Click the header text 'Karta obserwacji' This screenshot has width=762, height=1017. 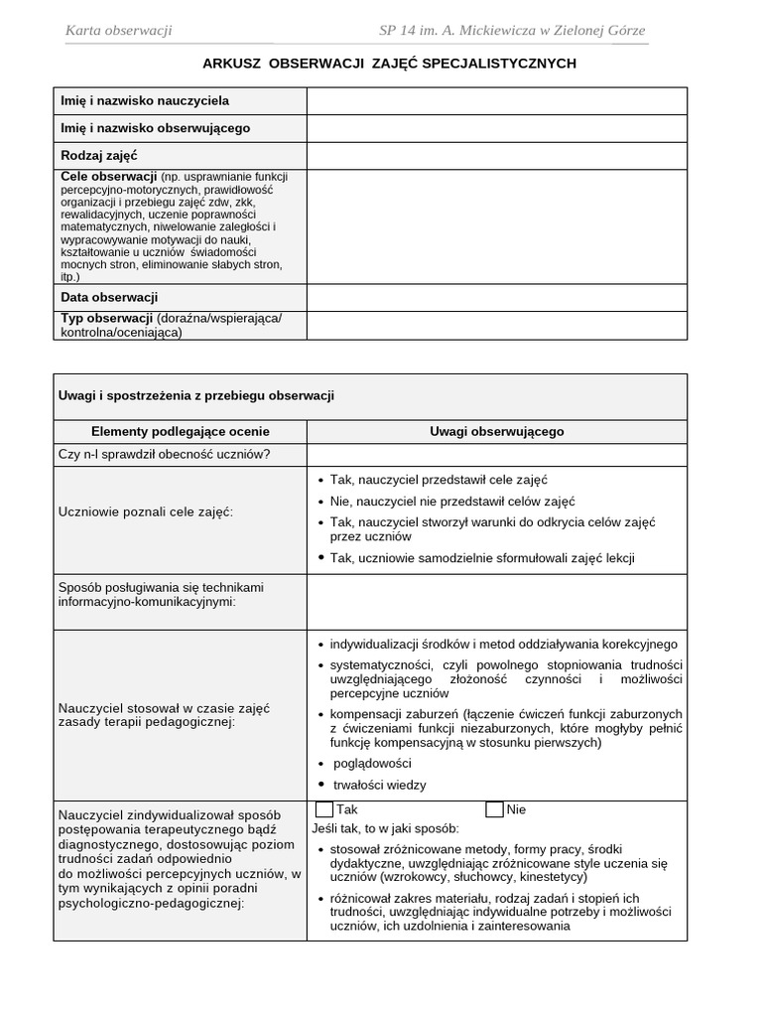(x=118, y=31)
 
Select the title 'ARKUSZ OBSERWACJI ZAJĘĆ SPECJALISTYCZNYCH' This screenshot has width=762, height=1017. (x=389, y=64)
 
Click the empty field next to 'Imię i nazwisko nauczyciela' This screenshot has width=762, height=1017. (x=496, y=101)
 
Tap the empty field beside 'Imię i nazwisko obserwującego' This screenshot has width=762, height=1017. (x=496, y=128)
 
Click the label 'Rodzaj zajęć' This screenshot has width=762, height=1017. (x=99, y=156)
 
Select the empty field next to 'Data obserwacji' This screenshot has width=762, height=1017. (x=496, y=297)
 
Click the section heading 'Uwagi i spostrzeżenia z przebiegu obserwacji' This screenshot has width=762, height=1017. (x=197, y=395)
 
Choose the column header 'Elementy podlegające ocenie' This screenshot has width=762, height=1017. (x=180, y=432)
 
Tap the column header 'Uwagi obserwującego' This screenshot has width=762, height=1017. (x=496, y=432)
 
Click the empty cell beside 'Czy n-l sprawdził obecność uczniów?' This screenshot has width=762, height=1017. (x=496, y=455)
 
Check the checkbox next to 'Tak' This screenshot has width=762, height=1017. (x=324, y=809)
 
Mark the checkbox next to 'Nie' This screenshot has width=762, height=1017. (x=494, y=809)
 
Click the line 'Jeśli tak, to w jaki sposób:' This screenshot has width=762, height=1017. (x=386, y=828)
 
